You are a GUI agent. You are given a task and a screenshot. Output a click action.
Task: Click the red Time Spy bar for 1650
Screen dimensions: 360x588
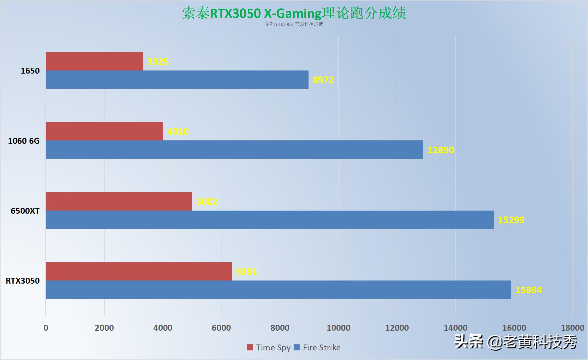[x=94, y=61]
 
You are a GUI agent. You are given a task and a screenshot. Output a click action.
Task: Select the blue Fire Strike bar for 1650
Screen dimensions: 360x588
[x=177, y=79]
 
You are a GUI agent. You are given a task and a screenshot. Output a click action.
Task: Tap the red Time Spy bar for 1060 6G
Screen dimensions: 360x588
[x=104, y=131]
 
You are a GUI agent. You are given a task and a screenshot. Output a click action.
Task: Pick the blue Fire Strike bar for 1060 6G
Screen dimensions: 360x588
[x=234, y=149]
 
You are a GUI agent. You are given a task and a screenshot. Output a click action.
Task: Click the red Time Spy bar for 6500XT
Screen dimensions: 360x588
[x=119, y=201]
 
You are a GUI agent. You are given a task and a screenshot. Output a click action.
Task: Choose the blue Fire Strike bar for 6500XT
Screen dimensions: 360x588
[x=270, y=220]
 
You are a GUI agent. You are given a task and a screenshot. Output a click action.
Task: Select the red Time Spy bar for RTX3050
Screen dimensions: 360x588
[x=139, y=271]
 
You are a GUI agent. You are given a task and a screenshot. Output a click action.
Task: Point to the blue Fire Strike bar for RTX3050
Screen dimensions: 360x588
[x=278, y=290]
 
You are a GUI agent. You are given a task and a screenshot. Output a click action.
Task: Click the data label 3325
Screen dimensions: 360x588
[x=158, y=61]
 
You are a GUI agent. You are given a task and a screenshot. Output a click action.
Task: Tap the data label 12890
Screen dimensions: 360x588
[x=441, y=150]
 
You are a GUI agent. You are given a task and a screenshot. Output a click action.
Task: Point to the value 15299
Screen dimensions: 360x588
[x=511, y=220]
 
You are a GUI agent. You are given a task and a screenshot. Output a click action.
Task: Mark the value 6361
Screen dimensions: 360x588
[x=246, y=272]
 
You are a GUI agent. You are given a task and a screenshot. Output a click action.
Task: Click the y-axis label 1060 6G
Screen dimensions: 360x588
[x=24, y=141]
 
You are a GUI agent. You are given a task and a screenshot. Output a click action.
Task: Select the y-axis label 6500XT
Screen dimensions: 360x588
[x=25, y=211]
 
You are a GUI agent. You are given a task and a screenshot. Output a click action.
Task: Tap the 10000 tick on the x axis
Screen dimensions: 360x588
[x=338, y=328]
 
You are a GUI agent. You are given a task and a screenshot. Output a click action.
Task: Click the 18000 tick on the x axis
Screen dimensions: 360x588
[x=572, y=328]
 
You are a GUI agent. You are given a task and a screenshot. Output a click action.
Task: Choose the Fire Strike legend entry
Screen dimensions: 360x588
[x=317, y=348]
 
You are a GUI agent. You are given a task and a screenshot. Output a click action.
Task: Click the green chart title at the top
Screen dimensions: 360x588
[x=294, y=13]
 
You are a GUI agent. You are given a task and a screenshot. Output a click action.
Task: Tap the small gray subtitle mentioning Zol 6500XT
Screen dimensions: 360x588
[x=294, y=24]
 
